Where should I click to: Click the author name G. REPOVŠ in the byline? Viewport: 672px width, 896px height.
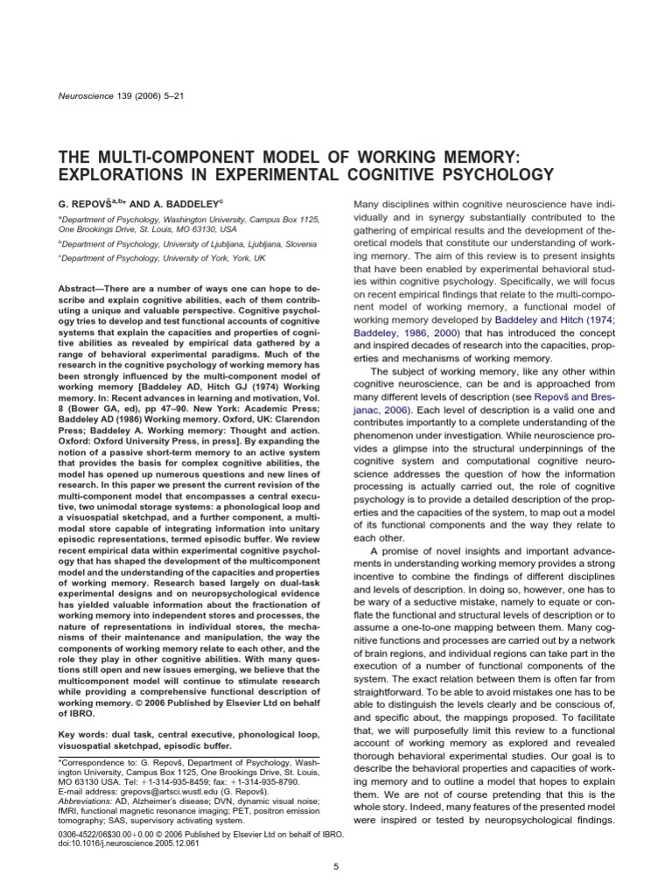tap(87, 204)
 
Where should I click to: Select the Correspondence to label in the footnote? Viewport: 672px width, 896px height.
tap(93, 764)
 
